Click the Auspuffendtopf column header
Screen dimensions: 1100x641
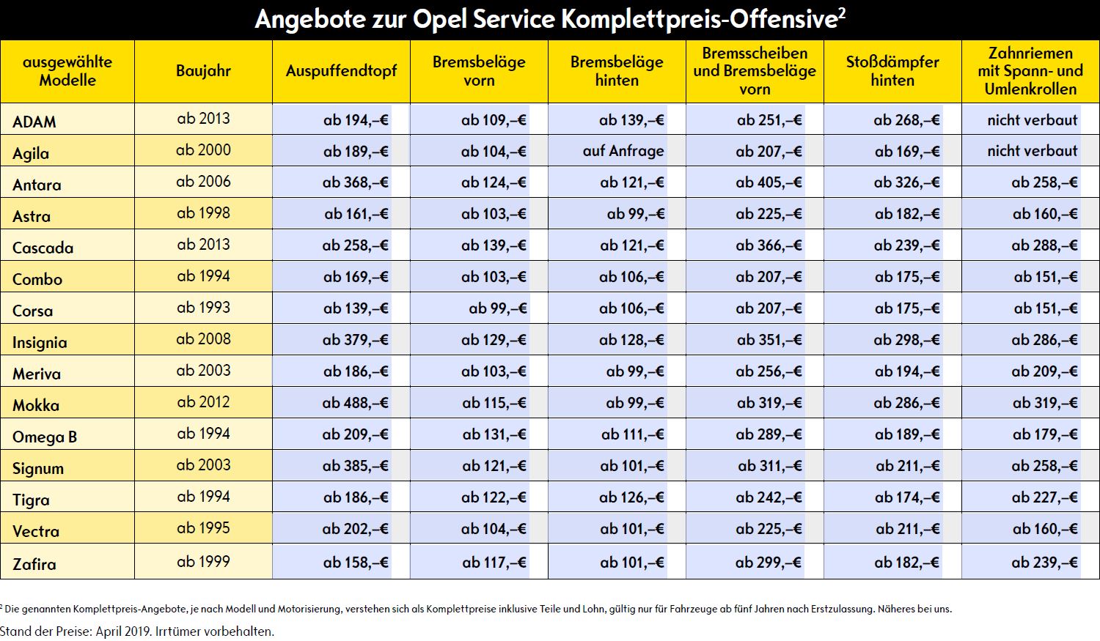(341, 71)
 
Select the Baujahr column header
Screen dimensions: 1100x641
(203, 71)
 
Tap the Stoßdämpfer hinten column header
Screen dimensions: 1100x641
(892, 71)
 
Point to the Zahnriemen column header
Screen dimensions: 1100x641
(1030, 71)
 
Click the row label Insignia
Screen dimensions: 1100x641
(40, 342)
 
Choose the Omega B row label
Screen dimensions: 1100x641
(45, 437)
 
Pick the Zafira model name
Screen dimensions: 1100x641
(34, 563)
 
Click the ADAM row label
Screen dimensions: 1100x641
(34, 122)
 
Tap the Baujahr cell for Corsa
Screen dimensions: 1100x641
(203, 308)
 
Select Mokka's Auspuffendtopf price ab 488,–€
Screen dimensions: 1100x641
(355, 403)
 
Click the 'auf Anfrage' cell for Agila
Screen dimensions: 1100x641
(623, 151)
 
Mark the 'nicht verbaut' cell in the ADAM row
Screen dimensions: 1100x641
(1033, 119)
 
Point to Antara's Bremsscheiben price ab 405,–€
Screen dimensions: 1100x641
(769, 182)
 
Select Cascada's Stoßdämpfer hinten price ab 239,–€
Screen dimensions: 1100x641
(906, 245)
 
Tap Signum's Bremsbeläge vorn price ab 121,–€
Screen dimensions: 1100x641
(494, 466)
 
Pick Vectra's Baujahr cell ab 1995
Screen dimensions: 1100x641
(203, 527)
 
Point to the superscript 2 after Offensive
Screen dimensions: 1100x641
(842, 12)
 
